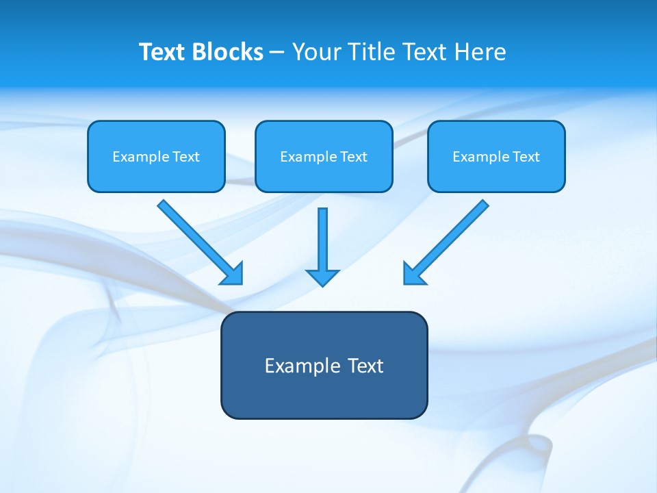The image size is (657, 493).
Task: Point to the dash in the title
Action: pyautogui.click(x=277, y=53)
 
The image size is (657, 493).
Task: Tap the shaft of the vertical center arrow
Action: pyautogui.click(x=322, y=236)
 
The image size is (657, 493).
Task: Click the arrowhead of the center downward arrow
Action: pyautogui.click(x=322, y=277)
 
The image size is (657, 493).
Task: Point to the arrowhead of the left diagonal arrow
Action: pyautogui.click(x=233, y=275)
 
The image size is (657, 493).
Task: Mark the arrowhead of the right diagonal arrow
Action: pyautogui.click(x=413, y=275)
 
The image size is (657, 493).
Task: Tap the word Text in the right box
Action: pyautogui.click(x=526, y=157)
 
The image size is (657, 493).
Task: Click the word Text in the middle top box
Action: pyautogui.click(x=354, y=157)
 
